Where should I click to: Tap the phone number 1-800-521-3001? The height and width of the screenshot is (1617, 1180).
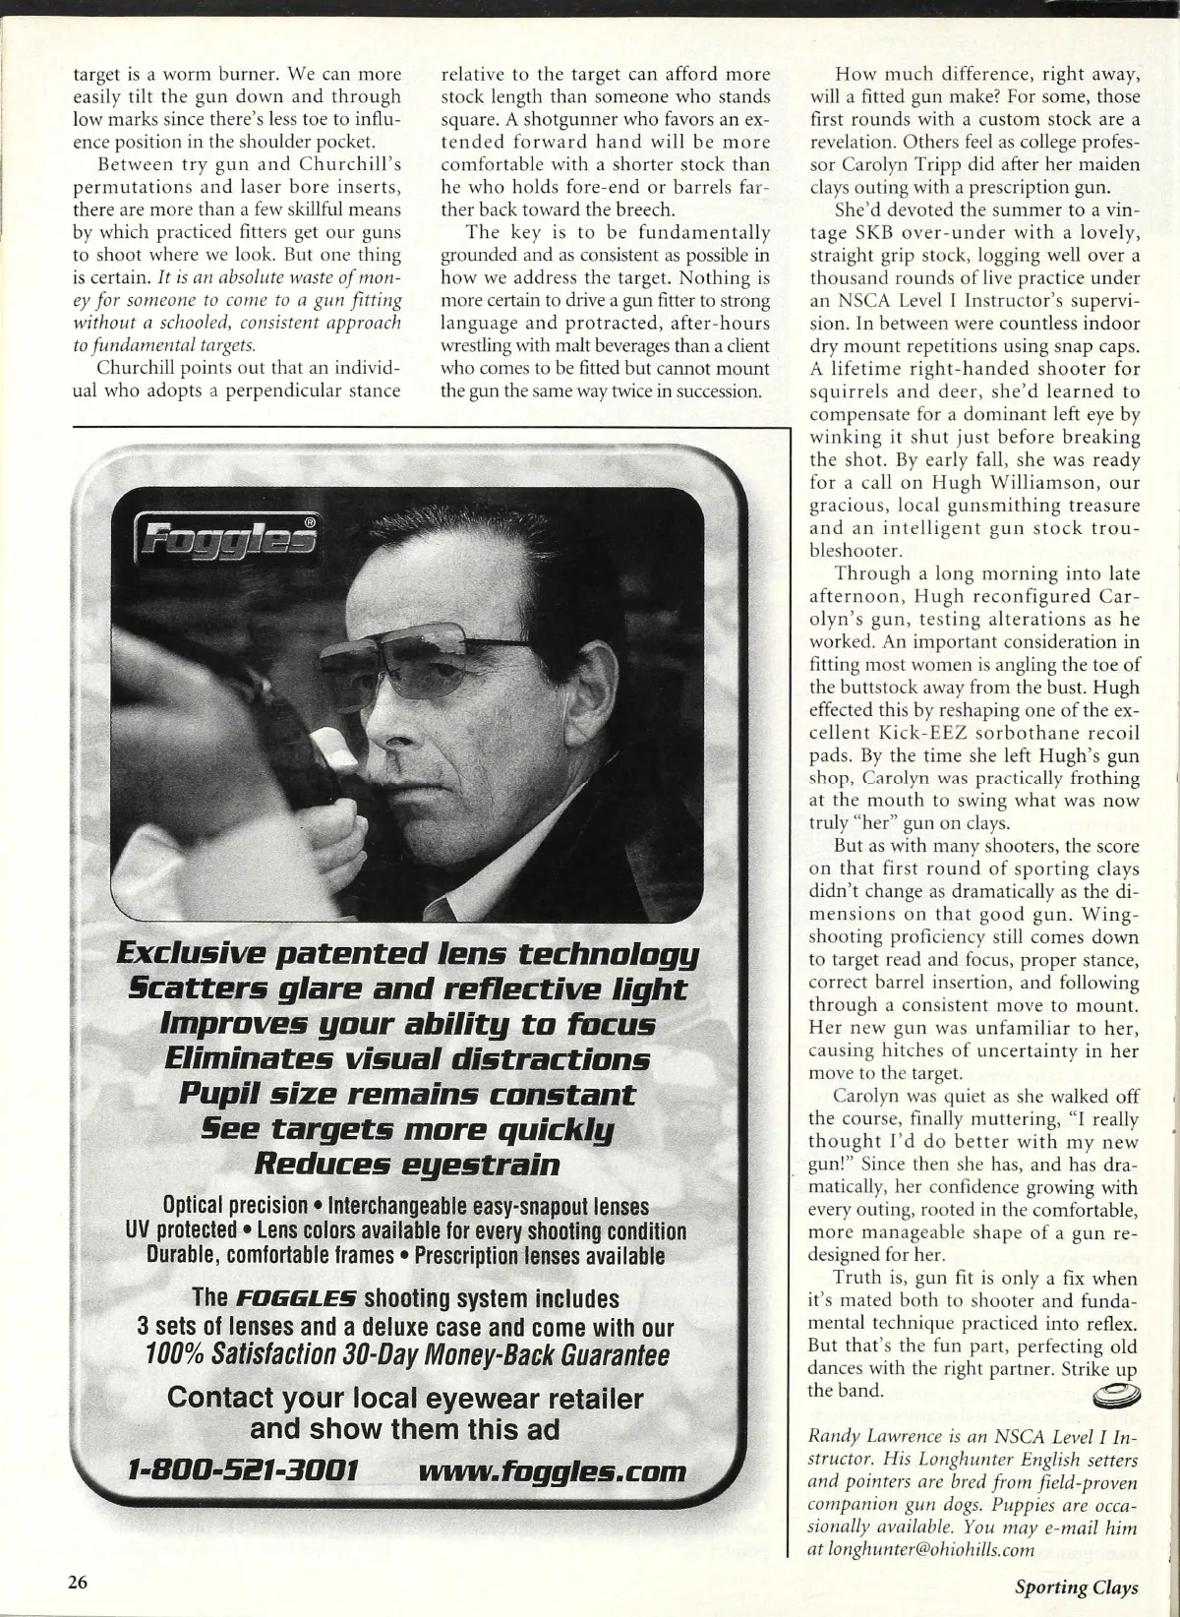point(243,1470)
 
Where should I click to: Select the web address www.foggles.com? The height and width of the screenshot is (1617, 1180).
point(552,1470)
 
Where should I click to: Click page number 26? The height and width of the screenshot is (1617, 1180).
point(78,1582)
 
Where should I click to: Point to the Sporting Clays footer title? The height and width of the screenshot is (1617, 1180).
point(1077,1587)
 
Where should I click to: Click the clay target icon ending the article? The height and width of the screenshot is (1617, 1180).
point(1117,1393)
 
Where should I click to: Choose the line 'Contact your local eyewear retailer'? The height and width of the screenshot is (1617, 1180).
point(406,1398)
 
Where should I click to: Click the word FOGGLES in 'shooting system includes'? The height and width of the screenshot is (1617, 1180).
point(303,1299)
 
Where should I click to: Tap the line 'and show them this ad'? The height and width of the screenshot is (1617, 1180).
point(406,1428)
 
